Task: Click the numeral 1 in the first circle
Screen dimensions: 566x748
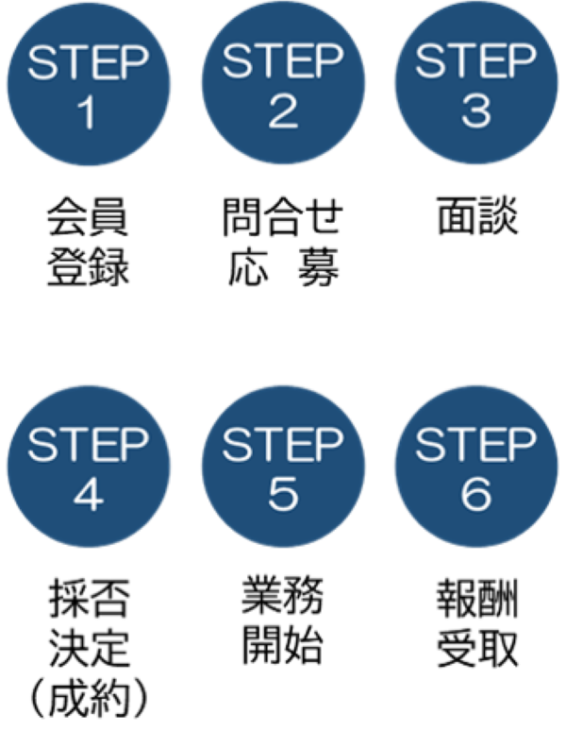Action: click(x=87, y=113)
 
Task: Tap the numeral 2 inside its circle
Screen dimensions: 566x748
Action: click(x=283, y=112)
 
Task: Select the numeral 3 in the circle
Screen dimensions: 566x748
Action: click(x=476, y=112)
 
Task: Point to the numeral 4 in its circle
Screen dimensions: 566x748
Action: click(x=89, y=496)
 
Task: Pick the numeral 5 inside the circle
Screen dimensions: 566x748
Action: click(x=283, y=494)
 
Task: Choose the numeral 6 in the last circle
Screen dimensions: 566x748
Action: click(x=476, y=494)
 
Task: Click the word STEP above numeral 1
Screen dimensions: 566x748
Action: click(x=88, y=62)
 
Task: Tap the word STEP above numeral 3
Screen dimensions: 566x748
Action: click(x=476, y=61)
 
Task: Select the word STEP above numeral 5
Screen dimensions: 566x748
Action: click(x=283, y=445)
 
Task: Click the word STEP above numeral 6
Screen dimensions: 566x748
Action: click(x=476, y=445)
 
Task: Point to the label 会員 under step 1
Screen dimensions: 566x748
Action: click(x=88, y=216)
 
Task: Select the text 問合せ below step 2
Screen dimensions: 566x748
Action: click(x=283, y=216)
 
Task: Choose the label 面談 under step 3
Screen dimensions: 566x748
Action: click(x=477, y=215)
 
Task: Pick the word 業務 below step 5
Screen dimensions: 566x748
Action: click(x=282, y=595)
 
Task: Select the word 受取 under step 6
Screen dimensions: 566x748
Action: click(x=477, y=648)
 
